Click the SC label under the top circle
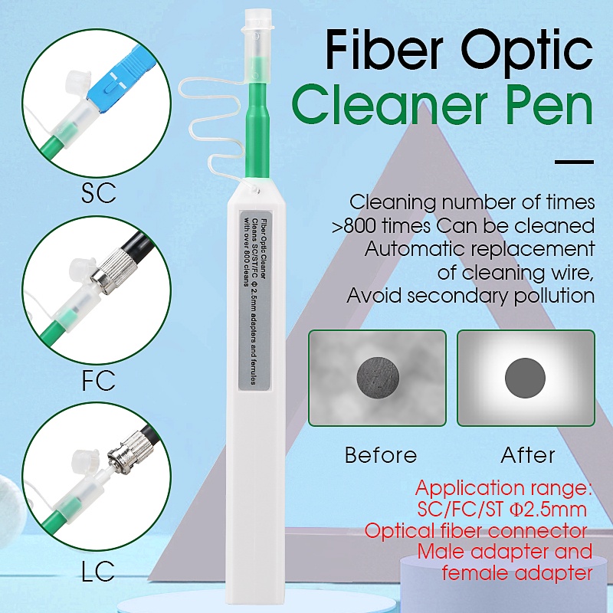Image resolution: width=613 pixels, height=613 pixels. (98, 192)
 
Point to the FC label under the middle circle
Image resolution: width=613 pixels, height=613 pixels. (98, 380)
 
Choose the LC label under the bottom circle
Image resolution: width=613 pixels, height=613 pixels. (98, 569)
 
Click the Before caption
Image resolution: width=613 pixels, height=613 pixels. (381, 455)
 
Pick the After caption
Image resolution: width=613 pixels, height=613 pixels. (528, 455)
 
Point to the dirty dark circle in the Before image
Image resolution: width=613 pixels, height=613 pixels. (377, 375)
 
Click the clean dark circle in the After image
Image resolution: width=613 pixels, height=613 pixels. (526, 375)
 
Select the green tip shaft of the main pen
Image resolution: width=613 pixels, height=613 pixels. (260, 130)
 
